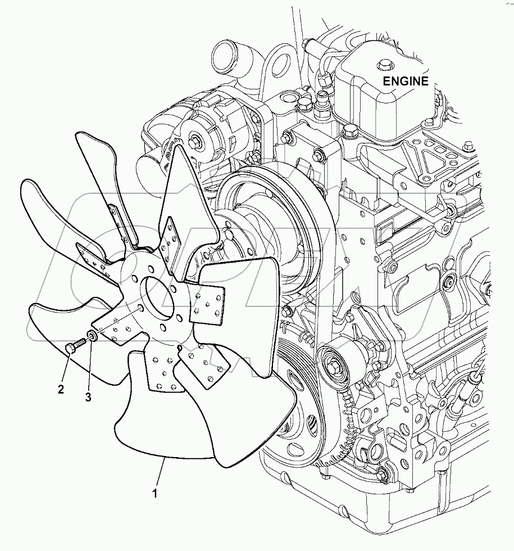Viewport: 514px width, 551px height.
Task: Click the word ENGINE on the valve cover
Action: [x=405, y=80]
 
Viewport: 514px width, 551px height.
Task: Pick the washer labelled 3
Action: [x=93, y=337]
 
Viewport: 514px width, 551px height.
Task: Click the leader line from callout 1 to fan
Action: [x=160, y=476]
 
